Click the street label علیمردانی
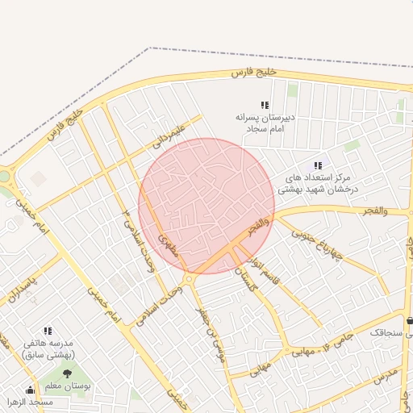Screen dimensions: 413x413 pos(169,135)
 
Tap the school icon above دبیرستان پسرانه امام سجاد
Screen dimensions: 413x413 pos(264,105)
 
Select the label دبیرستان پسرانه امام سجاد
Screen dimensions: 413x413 pos(263,123)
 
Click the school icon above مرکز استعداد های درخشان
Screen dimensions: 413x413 pos(317,165)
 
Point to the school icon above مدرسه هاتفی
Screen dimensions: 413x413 pos(48,331)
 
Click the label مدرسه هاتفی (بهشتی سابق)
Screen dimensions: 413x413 pos(48,348)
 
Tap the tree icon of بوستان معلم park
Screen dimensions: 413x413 pos(67,373)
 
